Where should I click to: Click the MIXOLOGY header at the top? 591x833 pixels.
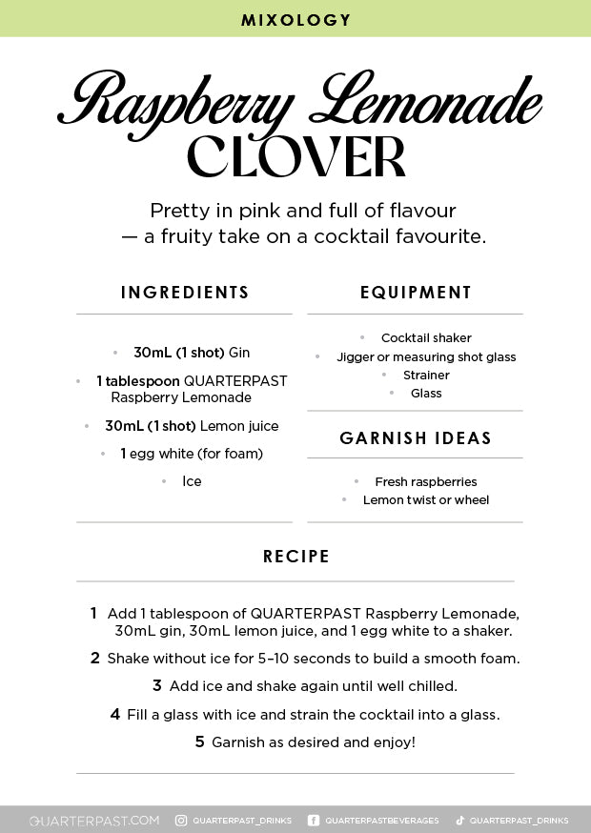(295, 20)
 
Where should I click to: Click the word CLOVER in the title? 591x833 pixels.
(295, 157)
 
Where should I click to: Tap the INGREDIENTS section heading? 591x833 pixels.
(185, 293)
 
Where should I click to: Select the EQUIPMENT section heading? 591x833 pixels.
(416, 293)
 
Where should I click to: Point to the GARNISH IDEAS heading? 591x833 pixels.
(416, 438)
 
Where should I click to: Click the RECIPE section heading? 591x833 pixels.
(296, 557)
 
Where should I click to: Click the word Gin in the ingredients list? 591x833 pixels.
(239, 353)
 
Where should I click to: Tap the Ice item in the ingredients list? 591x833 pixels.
(192, 481)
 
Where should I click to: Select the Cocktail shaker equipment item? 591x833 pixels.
(426, 338)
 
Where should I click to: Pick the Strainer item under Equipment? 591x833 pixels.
(426, 376)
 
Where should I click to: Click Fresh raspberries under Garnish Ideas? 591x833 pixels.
(426, 482)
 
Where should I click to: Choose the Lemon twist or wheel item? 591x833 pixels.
(426, 500)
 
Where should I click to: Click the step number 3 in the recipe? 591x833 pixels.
(157, 685)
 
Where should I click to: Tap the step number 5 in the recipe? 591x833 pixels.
(200, 742)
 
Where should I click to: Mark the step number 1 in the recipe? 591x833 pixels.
(93, 613)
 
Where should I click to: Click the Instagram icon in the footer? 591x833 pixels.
(181, 821)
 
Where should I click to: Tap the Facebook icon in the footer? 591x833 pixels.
(314, 821)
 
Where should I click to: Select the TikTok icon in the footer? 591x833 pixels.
(459, 821)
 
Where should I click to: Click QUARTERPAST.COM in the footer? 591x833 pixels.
(94, 821)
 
